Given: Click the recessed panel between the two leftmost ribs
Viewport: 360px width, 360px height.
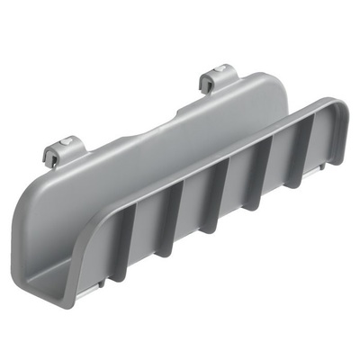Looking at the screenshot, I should click(x=144, y=236).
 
